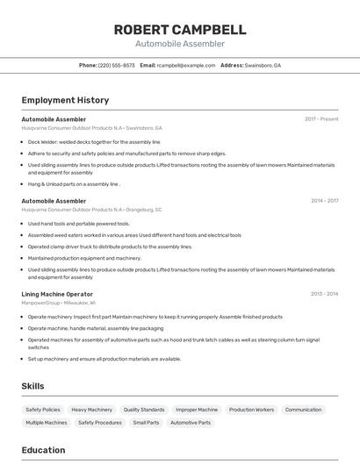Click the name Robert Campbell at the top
click(x=180, y=30)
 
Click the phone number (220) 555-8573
click(x=117, y=65)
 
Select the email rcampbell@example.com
click(x=186, y=65)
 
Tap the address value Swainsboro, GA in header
click(x=263, y=65)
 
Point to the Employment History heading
click(x=65, y=100)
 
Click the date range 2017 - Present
click(x=321, y=118)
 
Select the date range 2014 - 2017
click(x=324, y=201)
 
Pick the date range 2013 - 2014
click(x=324, y=294)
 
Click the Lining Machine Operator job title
click(x=57, y=294)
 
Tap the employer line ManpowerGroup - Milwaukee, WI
click(x=59, y=303)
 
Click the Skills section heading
click(x=32, y=386)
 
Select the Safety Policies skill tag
click(x=43, y=410)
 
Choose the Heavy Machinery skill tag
click(x=91, y=410)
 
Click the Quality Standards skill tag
click(x=144, y=410)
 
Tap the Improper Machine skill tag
click(x=197, y=410)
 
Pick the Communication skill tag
click(x=303, y=410)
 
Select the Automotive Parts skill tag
click(x=191, y=423)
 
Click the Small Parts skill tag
click(x=146, y=423)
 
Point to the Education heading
click(x=43, y=450)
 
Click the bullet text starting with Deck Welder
click(x=94, y=141)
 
